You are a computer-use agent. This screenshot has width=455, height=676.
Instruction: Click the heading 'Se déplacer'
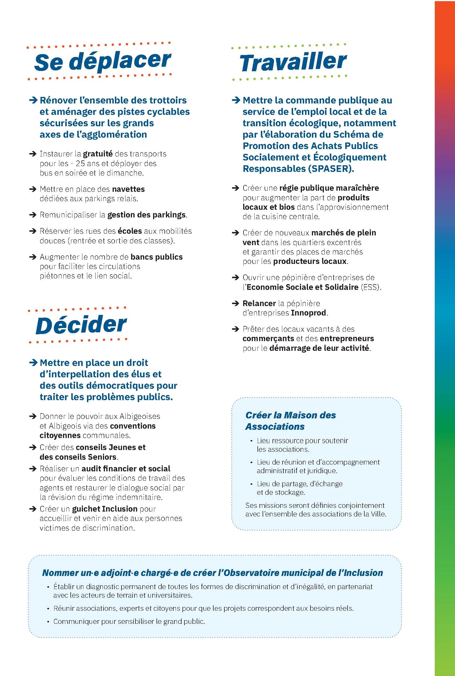tap(102, 61)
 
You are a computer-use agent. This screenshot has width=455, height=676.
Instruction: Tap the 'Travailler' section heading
tap(293, 62)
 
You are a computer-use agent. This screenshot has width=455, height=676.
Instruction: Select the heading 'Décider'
tap(81, 325)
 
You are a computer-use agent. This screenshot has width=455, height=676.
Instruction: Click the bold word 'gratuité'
tap(98, 154)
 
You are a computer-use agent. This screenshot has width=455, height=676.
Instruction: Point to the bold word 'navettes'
tap(128, 189)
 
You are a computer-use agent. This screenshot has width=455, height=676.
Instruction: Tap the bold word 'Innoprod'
tap(309, 313)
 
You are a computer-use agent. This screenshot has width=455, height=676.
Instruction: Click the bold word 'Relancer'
tap(259, 303)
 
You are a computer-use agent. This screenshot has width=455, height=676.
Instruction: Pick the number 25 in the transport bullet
tap(80, 164)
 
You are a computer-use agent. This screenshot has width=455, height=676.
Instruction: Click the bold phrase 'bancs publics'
tap(157, 257)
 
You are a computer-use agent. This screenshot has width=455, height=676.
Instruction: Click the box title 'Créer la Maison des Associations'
tap(290, 421)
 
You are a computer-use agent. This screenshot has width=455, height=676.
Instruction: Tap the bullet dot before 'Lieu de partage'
tap(251, 484)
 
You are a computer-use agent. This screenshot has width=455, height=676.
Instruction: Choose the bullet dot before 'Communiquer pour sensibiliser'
tap(48, 622)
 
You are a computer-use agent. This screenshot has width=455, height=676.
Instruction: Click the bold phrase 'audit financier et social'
tap(126, 469)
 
